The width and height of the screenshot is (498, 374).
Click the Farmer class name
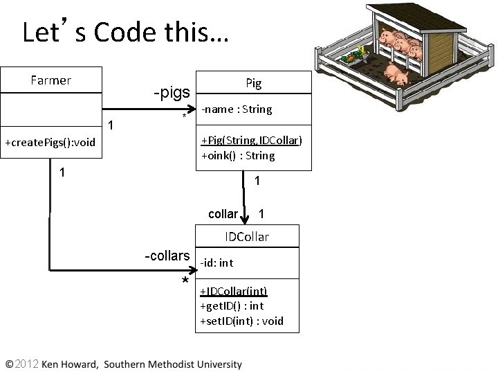[51, 80]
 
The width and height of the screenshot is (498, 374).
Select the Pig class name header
[254, 83]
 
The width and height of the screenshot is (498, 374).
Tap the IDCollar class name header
[247, 237]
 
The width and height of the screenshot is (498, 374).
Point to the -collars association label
[167, 256]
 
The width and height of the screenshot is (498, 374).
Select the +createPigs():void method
[50, 143]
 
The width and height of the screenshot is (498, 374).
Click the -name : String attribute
[237, 109]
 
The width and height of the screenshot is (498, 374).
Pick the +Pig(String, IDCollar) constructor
[251, 141]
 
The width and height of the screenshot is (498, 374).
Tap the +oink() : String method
[238, 156]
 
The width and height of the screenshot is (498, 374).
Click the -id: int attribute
[217, 262]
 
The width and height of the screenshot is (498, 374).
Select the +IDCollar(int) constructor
[233, 291]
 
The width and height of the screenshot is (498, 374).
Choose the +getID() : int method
[232, 305]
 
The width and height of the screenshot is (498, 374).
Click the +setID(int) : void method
[241, 321]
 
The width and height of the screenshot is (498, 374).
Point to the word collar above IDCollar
[223, 214]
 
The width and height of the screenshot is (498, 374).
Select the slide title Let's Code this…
[125, 32]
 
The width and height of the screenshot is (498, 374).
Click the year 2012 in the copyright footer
[28, 364]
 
